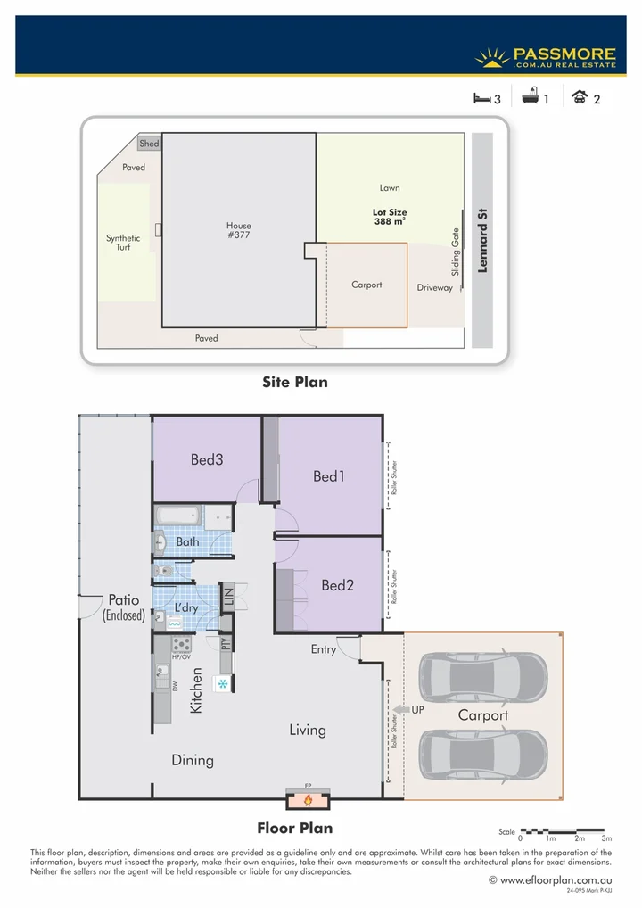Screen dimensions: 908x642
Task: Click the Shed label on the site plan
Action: [149, 144]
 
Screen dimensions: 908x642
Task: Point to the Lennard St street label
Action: [483, 241]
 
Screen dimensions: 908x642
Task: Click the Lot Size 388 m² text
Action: [390, 217]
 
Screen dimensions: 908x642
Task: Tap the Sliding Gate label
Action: [455, 252]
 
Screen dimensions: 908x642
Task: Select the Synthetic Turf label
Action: [123, 243]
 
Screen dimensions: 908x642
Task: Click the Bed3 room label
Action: [206, 459]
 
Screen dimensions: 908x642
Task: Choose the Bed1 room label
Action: [329, 476]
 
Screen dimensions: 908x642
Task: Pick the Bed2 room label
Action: [338, 585]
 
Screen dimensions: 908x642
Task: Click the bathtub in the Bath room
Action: [177, 516]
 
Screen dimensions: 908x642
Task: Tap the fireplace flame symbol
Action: [309, 801]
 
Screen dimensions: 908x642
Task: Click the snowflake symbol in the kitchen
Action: [222, 683]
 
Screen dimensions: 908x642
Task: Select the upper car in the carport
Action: [483, 680]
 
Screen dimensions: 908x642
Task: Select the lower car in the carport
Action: [483, 755]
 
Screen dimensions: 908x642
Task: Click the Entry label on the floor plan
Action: [324, 649]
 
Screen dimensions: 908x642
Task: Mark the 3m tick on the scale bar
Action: [606, 839]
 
